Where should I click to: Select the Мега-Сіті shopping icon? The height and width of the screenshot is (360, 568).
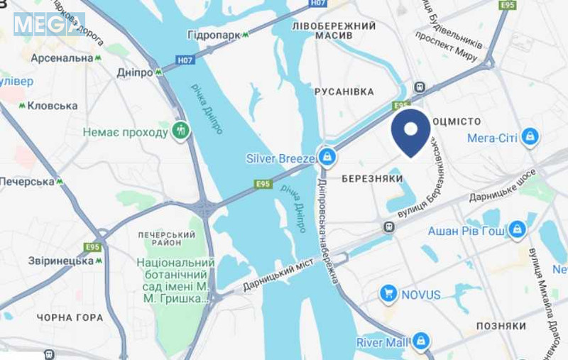(x=530, y=137)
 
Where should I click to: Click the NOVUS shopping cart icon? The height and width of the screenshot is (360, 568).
(x=388, y=293)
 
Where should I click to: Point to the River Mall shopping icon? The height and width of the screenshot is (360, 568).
(x=421, y=342)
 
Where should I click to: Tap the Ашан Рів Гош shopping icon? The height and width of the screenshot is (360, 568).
(x=518, y=229)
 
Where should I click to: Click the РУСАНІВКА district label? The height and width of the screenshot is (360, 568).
(x=344, y=92)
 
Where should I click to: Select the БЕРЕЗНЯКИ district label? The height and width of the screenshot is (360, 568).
(x=372, y=178)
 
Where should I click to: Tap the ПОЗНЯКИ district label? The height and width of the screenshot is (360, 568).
(x=501, y=325)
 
